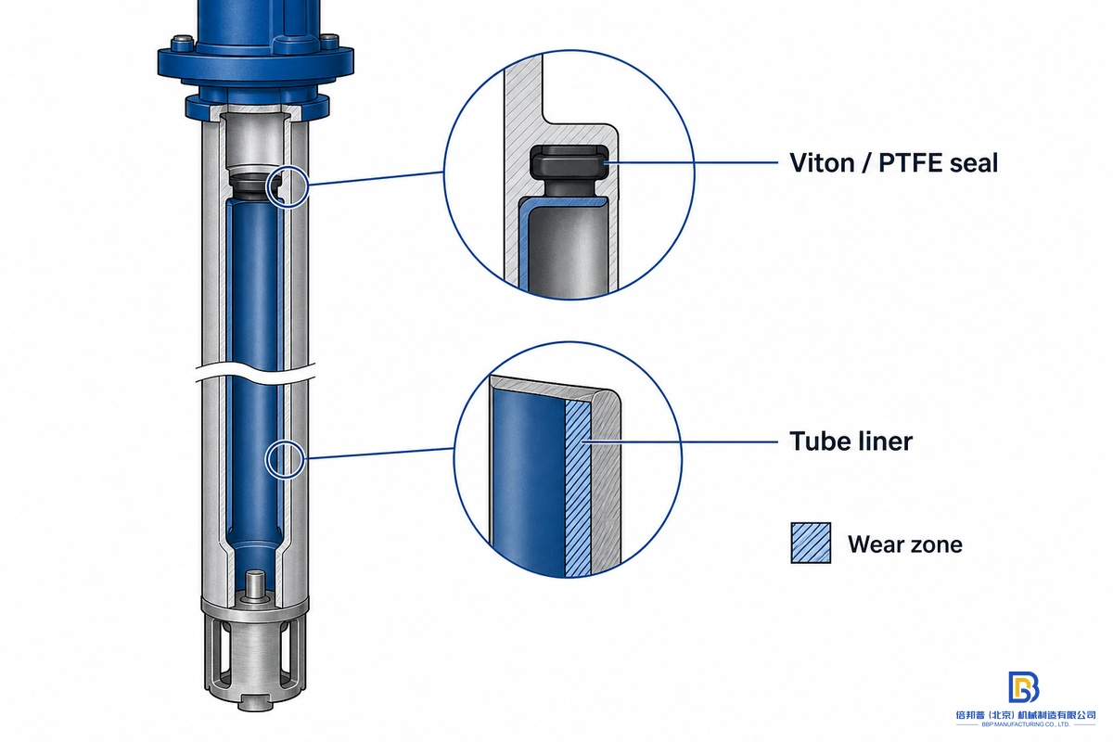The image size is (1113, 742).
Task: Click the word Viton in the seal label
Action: coord(821,163)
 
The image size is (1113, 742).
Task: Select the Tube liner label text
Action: coord(851,441)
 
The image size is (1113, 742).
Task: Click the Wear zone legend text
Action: coord(905,544)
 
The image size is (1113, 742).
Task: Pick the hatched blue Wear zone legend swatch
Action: coord(811,543)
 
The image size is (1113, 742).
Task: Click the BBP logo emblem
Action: coord(1023,687)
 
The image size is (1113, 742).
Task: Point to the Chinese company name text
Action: coord(1026,715)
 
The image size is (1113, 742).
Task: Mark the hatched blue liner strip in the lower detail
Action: coord(578,487)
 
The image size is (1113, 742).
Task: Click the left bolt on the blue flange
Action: coord(182,44)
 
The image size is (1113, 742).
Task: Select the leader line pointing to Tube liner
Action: coord(680,441)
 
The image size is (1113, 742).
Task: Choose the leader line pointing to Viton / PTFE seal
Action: coord(691,162)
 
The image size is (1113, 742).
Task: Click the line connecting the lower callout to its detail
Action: coord(378,454)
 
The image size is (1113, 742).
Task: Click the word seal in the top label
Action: coord(973,163)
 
